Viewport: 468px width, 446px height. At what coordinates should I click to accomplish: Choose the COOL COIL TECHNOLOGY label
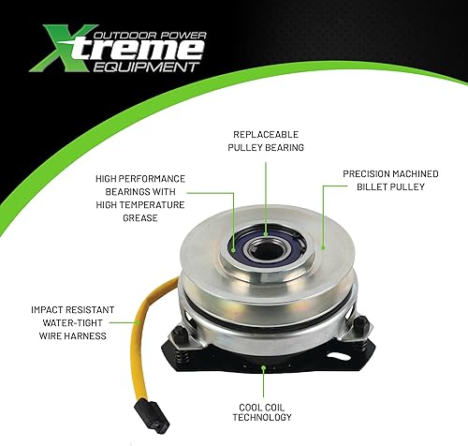[x=265, y=409]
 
